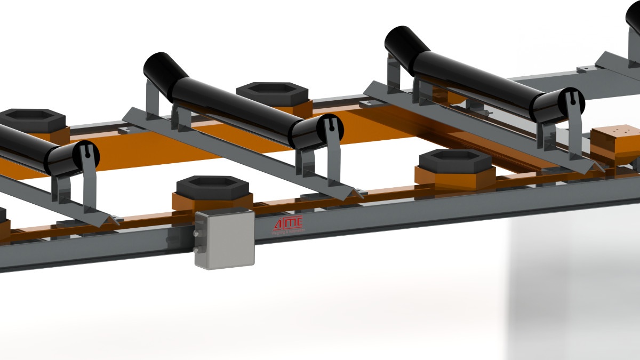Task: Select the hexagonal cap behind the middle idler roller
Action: pos(273,92)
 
